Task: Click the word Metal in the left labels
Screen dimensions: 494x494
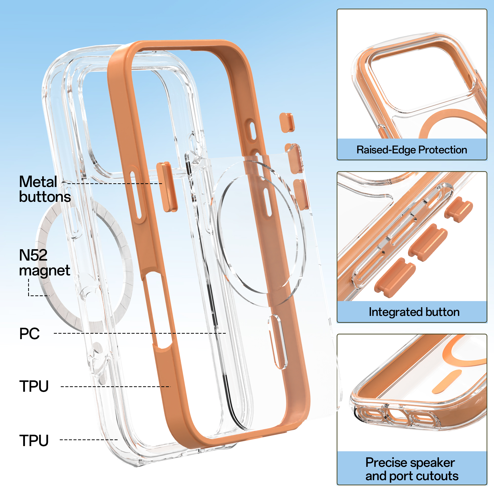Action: [38, 182]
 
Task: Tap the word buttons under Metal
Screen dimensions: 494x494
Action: [45, 197]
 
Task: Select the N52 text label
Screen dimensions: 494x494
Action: [33, 255]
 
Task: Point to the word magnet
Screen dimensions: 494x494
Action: [44, 270]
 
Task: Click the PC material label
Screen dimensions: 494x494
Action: [29, 333]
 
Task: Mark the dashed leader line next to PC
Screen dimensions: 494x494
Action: [140, 333]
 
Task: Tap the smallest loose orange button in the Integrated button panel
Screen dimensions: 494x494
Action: [458, 209]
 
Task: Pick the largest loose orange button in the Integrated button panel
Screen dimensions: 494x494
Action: [395, 278]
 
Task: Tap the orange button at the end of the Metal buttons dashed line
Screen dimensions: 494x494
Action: [167, 187]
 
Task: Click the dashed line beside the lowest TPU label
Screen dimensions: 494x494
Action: [88, 440]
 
